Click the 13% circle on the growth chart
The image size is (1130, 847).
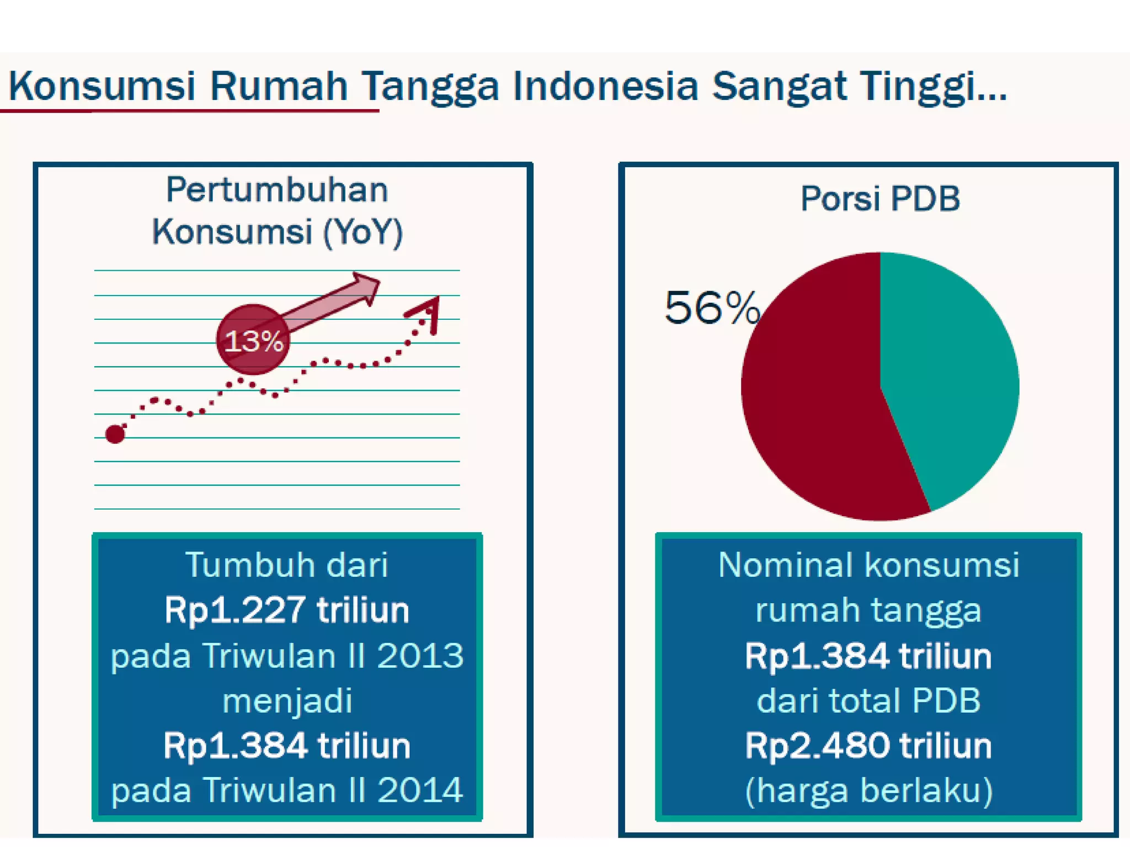pyautogui.click(x=253, y=340)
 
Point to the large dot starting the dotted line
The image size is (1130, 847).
pyautogui.click(x=115, y=434)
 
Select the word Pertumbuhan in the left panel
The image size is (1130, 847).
pyautogui.click(x=277, y=190)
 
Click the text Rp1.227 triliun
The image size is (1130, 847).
pyautogui.click(x=287, y=610)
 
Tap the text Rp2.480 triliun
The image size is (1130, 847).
pyautogui.click(x=868, y=746)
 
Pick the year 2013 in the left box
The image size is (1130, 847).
pyautogui.click(x=420, y=656)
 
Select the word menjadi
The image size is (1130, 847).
pyautogui.click(x=287, y=701)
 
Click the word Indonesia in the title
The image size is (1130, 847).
pyautogui.click(x=605, y=87)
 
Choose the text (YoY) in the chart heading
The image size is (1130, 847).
pyautogui.click(x=363, y=232)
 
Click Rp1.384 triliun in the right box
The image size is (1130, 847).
pyautogui.click(x=868, y=656)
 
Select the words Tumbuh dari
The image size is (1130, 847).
pyautogui.click(x=287, y=565)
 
